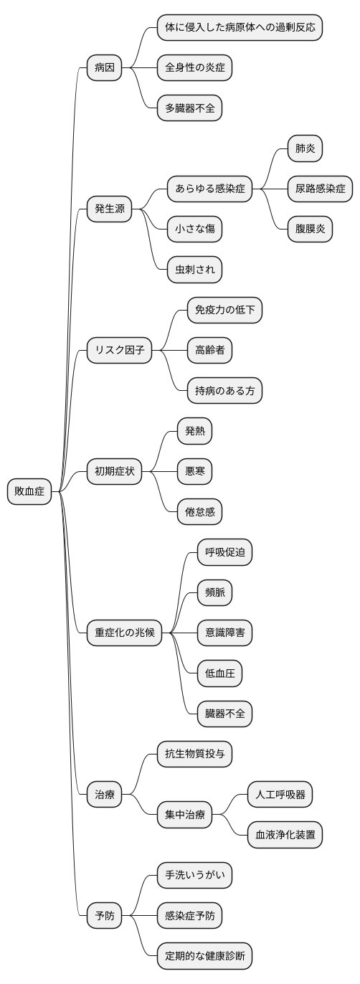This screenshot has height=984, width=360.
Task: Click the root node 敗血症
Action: pos(30,491)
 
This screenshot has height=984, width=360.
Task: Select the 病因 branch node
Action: pos(104,69)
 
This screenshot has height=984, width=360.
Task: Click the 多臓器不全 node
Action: pos(189,109)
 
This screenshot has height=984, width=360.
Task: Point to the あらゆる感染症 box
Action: pos(209,189)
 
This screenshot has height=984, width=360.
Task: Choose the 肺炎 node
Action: pos(305,149)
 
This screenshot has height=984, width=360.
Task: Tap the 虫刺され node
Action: pos(194,270)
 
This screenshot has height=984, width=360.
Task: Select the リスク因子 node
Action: pos(119,350)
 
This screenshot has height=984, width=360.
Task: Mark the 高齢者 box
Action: pos(209,350)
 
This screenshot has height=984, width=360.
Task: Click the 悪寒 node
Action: pos(194,471)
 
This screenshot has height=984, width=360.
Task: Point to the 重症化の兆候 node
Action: pos(124,633)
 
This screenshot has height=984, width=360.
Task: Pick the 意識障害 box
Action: pos(224,633)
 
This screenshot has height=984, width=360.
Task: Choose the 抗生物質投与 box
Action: pos(194,754)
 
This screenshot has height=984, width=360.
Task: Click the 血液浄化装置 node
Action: pos(285,834)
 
